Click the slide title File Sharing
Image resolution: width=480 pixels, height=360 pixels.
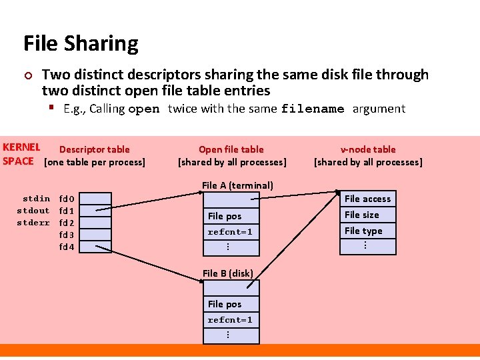(x=81, y=44)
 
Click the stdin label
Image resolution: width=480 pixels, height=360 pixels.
(x=36, y=199)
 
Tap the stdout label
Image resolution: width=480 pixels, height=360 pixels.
(x=33, y=211)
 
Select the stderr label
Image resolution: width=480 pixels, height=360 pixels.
(x=33, y=223)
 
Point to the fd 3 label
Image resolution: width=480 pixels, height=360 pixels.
(x=67, y=235)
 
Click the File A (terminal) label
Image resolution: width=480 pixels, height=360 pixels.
(x=237, y=185)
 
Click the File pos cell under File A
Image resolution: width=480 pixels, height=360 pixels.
(x=231, y=216)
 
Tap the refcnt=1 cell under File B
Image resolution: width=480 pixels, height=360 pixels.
(x=231, y=320)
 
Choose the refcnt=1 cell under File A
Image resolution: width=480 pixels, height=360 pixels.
(x=231, y=232)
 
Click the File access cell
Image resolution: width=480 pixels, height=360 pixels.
(x=368, y=199)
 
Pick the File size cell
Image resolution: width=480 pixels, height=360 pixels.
(x=368, y=215)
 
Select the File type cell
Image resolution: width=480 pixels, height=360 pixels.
(x=368, y=231)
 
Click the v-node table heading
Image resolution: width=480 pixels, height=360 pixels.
(x=368, y=149)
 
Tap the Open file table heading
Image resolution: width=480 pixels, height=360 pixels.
(x=231, y=149)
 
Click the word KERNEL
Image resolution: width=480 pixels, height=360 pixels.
(x=21, y=147)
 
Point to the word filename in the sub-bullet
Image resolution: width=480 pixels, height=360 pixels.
(x=313, y=109)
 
